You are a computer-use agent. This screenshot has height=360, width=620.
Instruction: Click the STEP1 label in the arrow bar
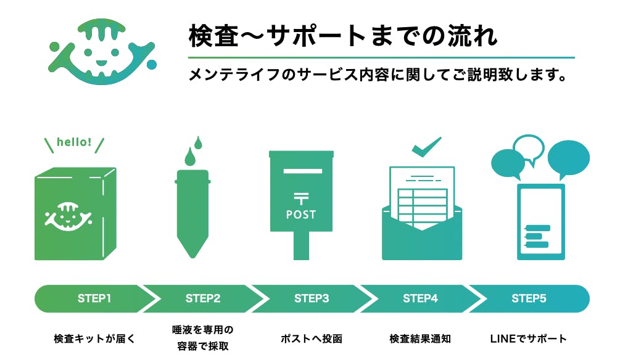point(94,299)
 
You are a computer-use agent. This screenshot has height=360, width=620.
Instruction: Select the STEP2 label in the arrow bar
point(203,299)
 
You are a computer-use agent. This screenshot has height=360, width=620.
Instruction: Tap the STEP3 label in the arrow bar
point(312,299)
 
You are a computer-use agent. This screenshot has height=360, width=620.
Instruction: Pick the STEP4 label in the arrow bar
point(420,299)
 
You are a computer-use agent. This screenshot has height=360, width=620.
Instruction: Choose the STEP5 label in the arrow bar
point(529,299)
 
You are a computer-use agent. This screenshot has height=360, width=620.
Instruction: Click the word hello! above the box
point(74,142)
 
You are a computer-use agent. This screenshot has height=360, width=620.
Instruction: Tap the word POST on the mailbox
point(301,215)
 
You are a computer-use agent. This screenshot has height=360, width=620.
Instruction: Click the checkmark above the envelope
point(426,146)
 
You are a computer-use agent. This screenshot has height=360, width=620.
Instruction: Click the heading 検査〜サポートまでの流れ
point(342,36)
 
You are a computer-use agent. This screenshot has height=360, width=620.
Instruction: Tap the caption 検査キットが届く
point(94,338)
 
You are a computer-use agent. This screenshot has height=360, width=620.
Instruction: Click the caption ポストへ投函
point(312,338)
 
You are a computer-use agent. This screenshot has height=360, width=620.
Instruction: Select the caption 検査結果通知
point(420,338)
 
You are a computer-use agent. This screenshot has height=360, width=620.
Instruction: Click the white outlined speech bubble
point(529,147)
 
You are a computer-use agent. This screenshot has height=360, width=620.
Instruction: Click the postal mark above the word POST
point(301,198)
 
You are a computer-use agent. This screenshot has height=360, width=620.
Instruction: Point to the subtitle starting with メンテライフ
point(377,76)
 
